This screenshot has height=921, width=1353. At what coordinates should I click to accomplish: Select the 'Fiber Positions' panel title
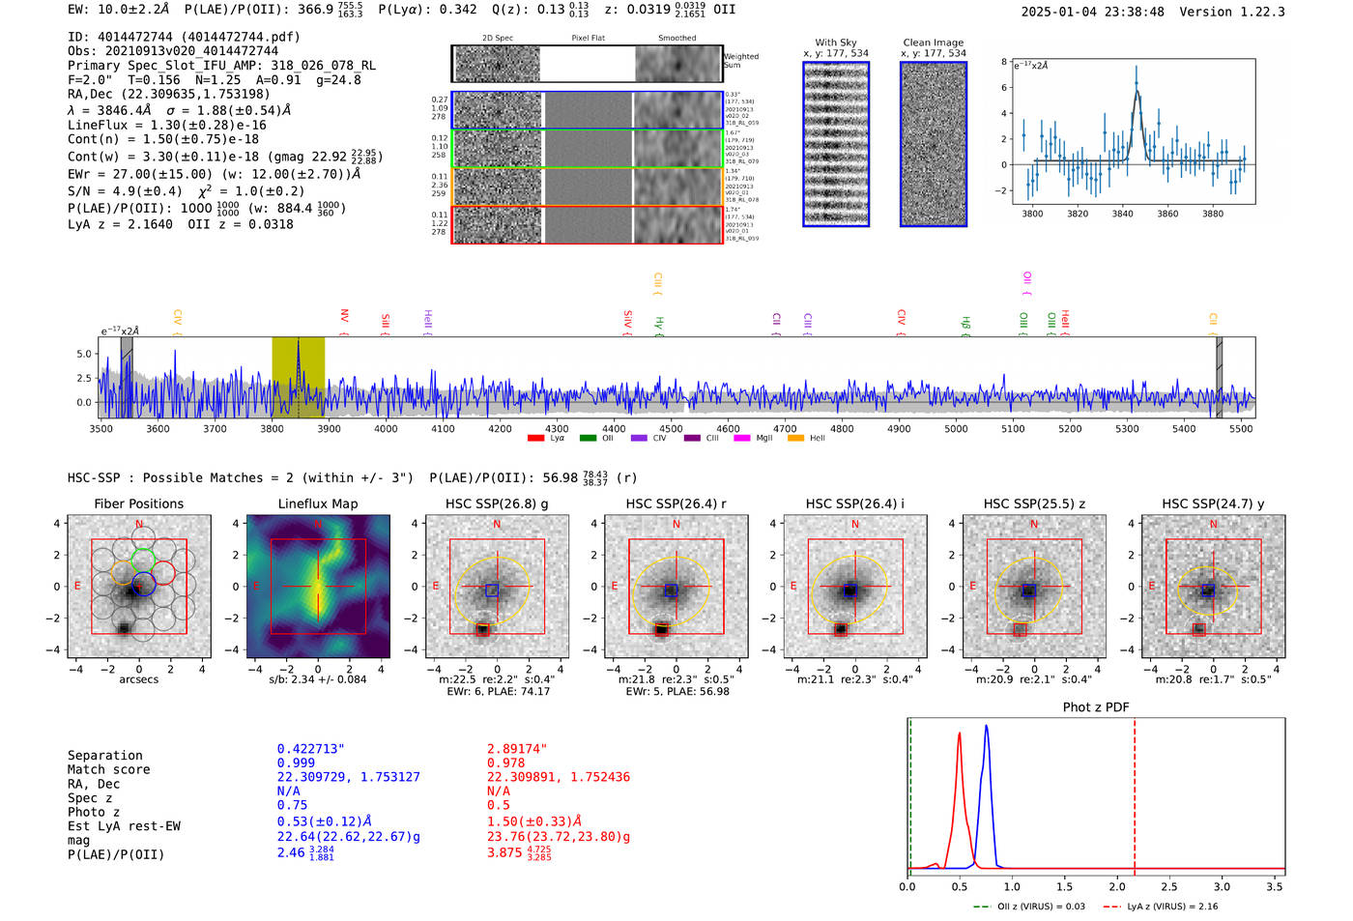(x=138, y=504)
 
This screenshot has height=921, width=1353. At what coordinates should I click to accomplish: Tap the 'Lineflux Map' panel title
(x=318, y=504)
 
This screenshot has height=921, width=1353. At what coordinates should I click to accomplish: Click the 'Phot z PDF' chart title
(x=1096, y=706)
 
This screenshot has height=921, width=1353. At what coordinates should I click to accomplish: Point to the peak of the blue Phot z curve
(x=986, y=726)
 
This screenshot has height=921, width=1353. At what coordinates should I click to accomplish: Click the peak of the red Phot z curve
(x=959, y=734)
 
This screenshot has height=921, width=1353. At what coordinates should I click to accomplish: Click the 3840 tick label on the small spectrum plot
(x=1122, y=214)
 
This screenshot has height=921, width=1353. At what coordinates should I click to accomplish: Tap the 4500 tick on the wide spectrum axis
(x=671, y=428)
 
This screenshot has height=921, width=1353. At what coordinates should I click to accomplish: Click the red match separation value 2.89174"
(x=517, y=749)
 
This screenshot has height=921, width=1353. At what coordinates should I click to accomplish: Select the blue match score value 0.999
(x=296, y=763)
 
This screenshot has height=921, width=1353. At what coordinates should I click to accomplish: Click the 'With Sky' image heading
(x=835, y=43)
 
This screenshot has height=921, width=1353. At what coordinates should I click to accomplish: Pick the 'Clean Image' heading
(x=933, y=43)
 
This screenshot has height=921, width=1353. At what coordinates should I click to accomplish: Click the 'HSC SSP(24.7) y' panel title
(x=1213, y=504)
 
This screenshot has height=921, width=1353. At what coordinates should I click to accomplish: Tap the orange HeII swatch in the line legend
(x=795, y=438)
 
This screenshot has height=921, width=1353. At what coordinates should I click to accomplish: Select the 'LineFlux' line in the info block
(x=166, y=125)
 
